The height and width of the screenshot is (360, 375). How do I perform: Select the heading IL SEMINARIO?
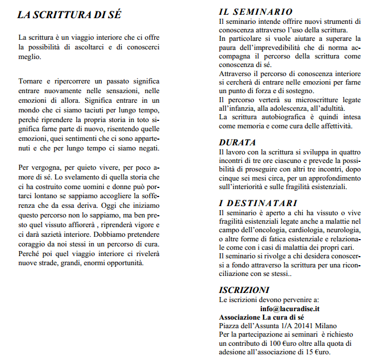coord(256,11)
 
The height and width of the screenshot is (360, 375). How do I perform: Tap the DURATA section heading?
coord(238,142)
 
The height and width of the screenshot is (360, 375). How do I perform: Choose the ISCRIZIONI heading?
coord(244,289)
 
